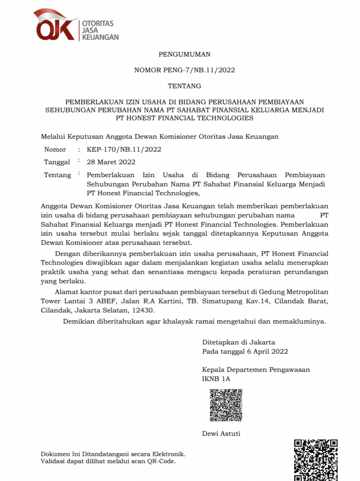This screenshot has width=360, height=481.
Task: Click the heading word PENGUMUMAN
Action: [x=184, y=54]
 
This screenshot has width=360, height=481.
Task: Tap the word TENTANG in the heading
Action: [x=184, y=86]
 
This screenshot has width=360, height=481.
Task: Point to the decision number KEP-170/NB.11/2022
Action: [x=124, y=149]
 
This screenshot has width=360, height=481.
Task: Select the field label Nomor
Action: [x=55, y=149]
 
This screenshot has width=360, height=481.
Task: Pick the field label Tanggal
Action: [x=57, y=162]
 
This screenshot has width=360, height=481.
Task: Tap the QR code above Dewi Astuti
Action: [x=226, y=405]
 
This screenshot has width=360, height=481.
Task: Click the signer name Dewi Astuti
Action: [x=221, y=433]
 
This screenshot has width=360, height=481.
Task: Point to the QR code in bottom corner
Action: [x=315, y=460]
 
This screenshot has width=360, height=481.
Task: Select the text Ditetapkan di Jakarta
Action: [x=238, y=342]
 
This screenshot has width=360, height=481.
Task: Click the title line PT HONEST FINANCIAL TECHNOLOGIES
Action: [x=184, y=118]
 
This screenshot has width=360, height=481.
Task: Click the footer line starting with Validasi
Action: [x=108, y=462]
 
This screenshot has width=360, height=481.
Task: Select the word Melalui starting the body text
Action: [x=53, y=136]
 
